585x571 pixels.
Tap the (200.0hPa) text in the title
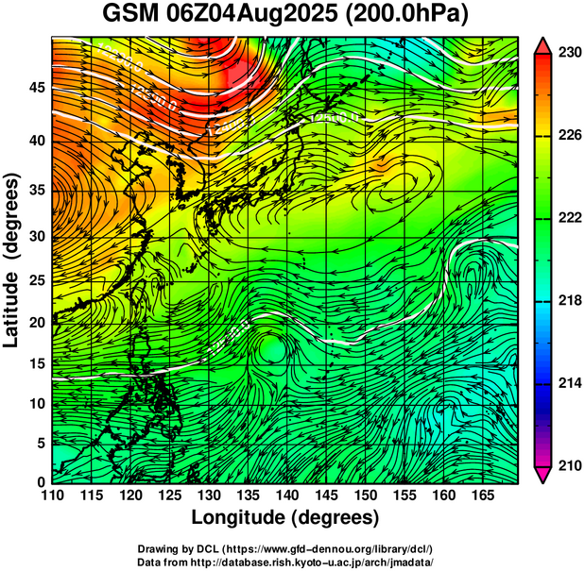(413, 16)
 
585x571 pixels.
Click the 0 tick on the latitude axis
(41, 482)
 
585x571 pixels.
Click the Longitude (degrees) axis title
(285, 518)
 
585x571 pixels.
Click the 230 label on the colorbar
(568, 54)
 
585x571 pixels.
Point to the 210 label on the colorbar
(568, 465)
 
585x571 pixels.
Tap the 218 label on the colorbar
(568, 301)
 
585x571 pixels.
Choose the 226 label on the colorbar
(568, 136)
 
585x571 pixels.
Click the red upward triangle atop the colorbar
(543, 44)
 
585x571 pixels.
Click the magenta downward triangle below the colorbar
(543, 475)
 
